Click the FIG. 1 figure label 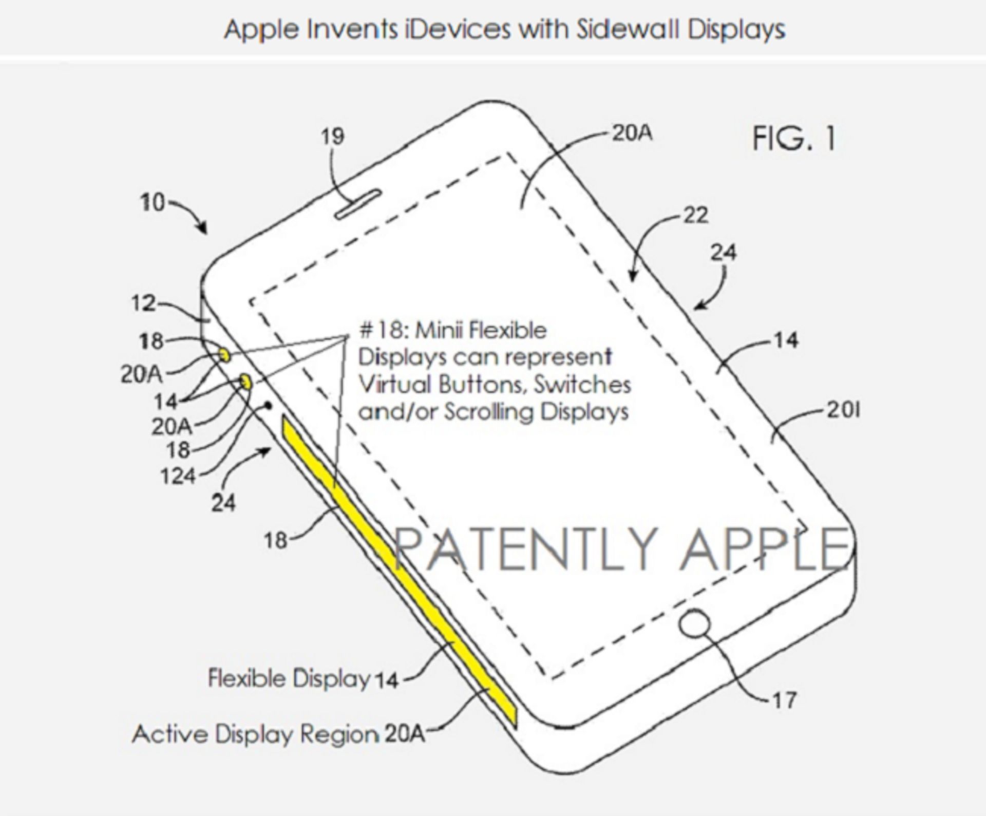(794, 139)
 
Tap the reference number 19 (332, 137)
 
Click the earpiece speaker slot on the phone (358, 204)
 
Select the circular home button (694, 623)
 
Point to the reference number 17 (784, 700)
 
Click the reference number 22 (695, 215)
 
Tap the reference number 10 (153, 202)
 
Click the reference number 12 (143, 303)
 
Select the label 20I (843, 410)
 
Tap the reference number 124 (178, 477)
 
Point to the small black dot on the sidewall (268, 406)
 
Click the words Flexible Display (289, 678)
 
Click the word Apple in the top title (262, 30)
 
